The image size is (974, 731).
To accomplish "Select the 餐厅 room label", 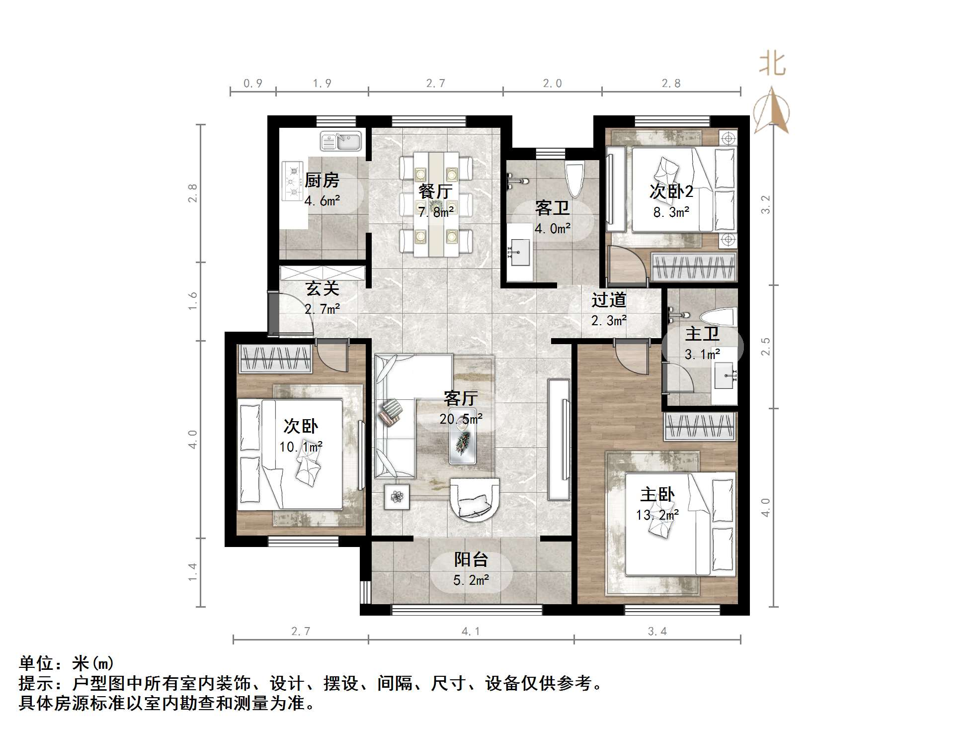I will [435, 191].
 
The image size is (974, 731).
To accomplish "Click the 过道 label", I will [609, 300].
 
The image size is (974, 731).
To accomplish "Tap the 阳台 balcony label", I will [471, 559].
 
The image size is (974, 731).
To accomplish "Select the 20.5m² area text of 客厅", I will [461, 419].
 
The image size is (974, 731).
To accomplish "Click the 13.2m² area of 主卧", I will [657, 515].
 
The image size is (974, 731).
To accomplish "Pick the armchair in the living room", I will [475, 499].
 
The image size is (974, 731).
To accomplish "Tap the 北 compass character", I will [772, 65].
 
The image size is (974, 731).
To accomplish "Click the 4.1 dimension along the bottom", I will [471, 632].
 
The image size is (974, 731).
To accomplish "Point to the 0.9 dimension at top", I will [252, 84].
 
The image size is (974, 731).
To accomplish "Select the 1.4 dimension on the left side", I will [193, 572].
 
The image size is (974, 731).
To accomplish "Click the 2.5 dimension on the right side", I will [766, 346].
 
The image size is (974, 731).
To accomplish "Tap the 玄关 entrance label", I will [322, 288].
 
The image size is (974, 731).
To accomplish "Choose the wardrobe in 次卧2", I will [694, 267].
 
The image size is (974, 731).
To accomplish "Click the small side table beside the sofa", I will [397, 497].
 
